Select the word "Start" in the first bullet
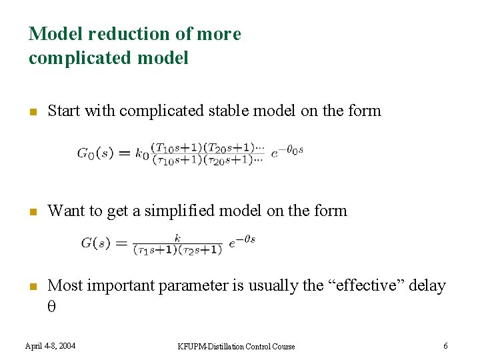point(64,111)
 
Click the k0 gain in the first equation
point(141,153)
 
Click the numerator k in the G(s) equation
point(177,237)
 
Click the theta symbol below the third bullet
point(51,307)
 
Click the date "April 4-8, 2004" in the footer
point(50,345)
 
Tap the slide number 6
point(445,345)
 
